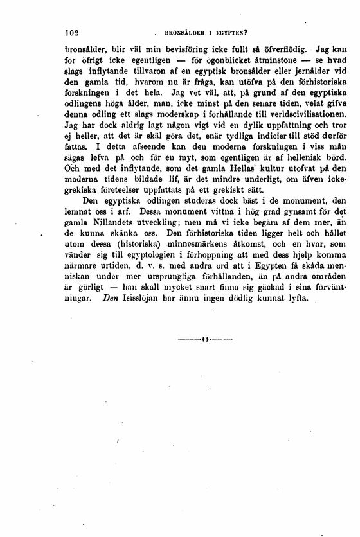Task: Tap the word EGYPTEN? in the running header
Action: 228,31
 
